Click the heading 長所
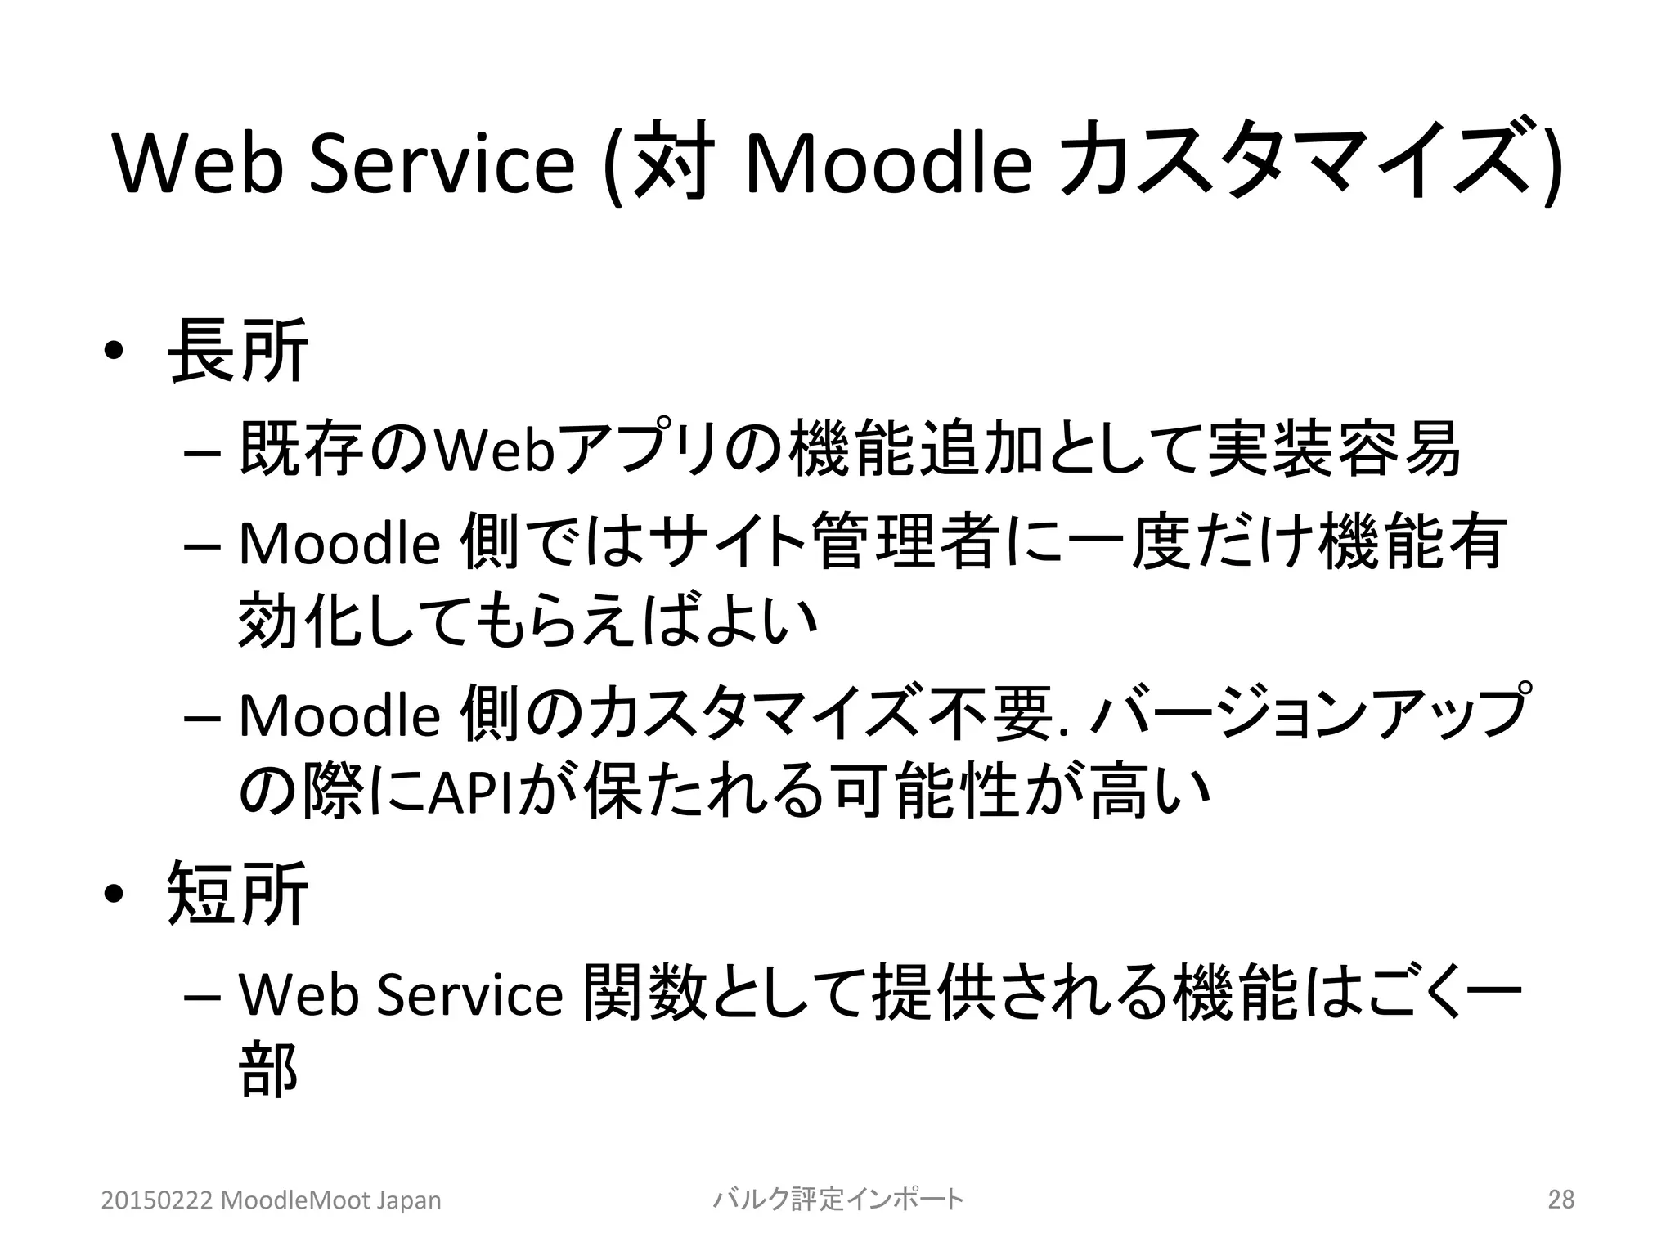click(237, 352)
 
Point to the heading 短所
click(237, 894)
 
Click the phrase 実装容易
click(1333, 451)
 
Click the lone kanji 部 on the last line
click(268, 1071)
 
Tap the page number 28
click(1561, 1200)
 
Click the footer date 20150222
click(156, 1200)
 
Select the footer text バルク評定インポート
click(838, 1200)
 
